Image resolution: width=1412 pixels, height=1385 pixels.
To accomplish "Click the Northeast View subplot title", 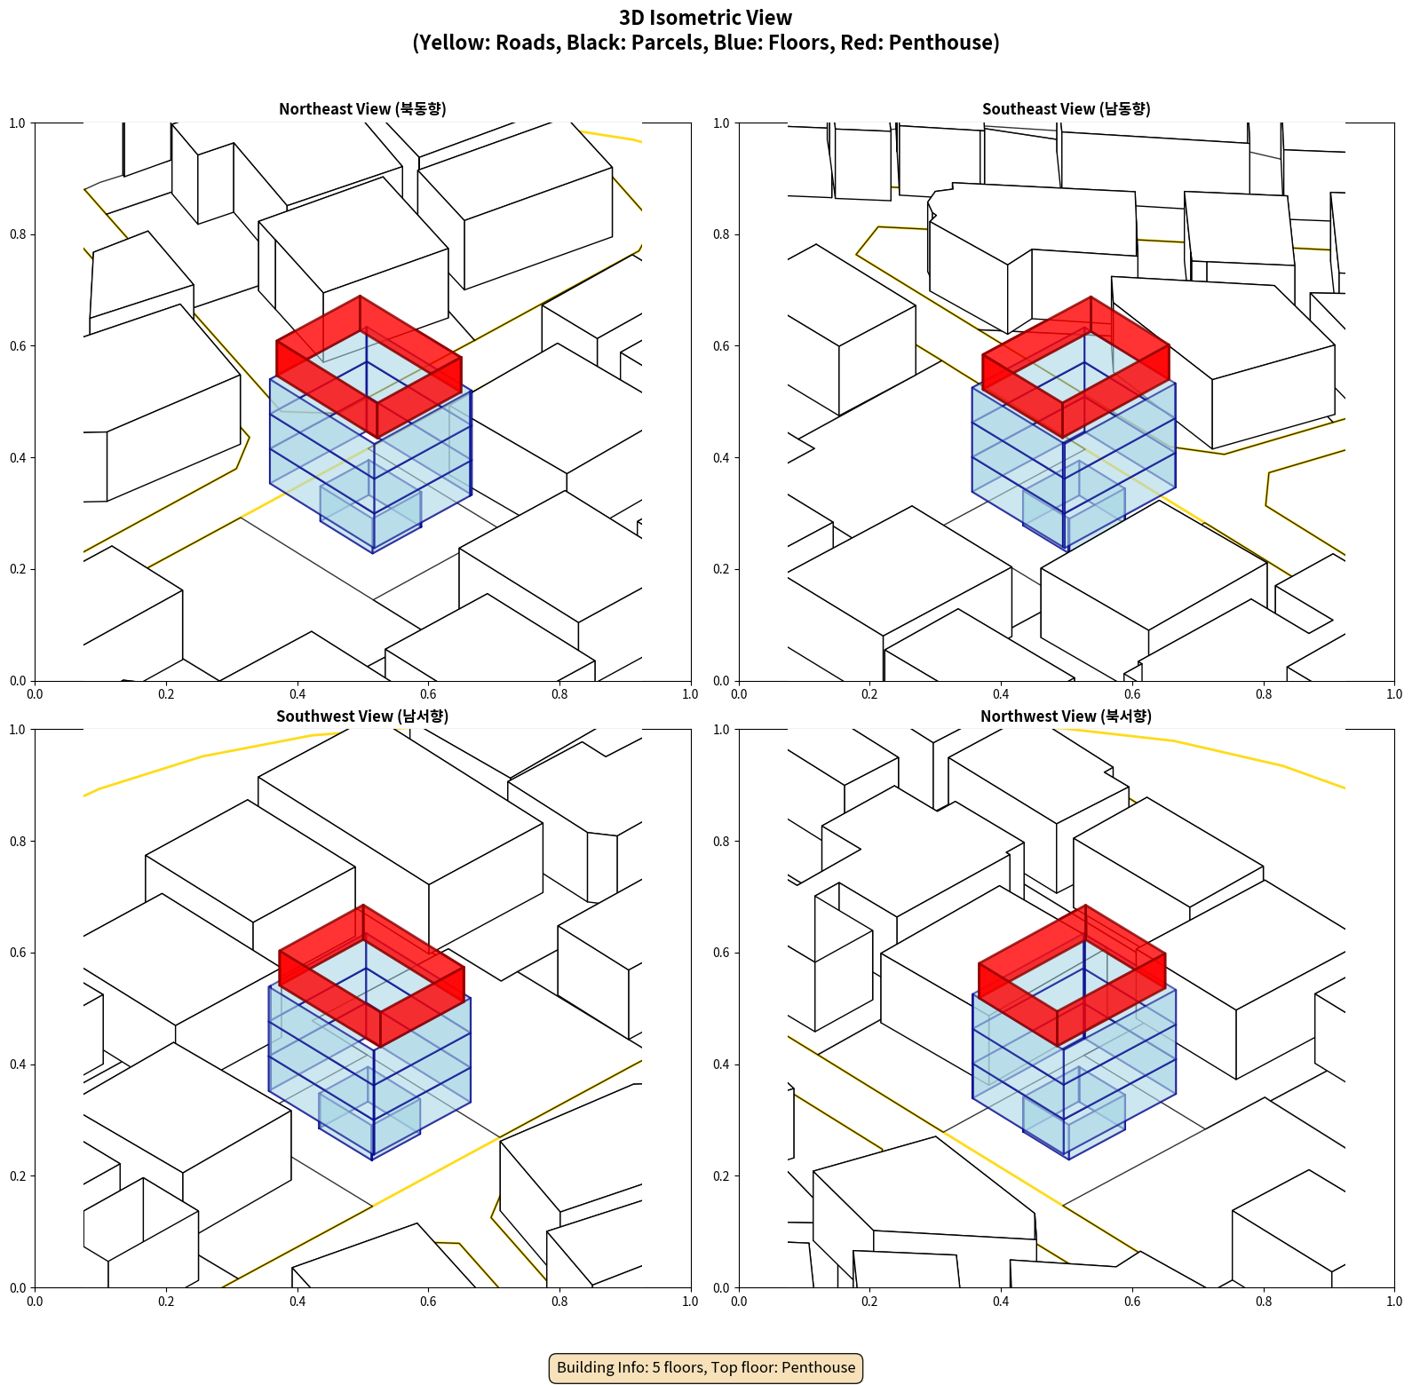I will click(362, 109).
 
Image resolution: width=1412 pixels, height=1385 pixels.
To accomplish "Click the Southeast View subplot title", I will click(1066, 109).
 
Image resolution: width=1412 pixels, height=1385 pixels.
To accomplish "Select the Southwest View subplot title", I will click(362, 716).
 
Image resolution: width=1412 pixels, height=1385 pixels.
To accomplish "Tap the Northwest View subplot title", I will click(1066, 716).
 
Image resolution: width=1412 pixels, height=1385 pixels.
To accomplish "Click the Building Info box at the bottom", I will click(706, 1367).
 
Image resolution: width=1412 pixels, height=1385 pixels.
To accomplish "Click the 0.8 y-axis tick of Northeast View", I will click(18, 234).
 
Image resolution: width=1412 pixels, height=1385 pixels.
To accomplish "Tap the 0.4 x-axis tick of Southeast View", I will click(1001, 694).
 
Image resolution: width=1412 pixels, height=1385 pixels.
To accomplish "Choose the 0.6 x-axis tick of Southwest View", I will click(428, 1302).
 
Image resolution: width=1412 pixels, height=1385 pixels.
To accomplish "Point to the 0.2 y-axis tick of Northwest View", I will click(722, 1176).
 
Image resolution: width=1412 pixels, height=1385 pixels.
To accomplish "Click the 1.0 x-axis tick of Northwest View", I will click(1394, 1302).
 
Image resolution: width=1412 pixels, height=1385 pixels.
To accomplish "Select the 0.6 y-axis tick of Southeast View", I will click(722, 346).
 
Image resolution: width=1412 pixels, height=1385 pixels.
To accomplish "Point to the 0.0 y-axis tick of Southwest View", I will click(18, 1287).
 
